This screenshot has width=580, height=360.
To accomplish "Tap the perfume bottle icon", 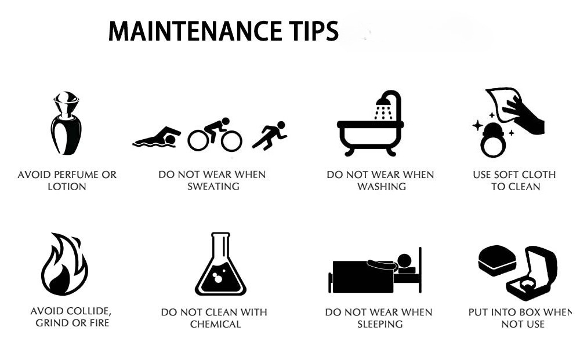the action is [x=66, y=123].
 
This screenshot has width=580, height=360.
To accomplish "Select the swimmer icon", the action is [x=157, y=137].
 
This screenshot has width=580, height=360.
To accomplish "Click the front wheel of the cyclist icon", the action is [x=231, y=141].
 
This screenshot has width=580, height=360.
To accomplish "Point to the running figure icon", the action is [x=270, y=136].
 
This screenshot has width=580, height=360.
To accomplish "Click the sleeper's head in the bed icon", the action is [x=404, y=261].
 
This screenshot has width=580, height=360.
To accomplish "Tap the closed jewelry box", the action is [x=497, y=260].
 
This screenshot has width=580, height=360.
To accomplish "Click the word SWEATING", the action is [x=213, y=186].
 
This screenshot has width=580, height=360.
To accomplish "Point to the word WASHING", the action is [x=382, y=186].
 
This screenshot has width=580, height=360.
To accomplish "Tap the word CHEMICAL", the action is [x=215, y=324].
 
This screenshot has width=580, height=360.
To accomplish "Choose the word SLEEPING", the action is [x=380, y=324].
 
